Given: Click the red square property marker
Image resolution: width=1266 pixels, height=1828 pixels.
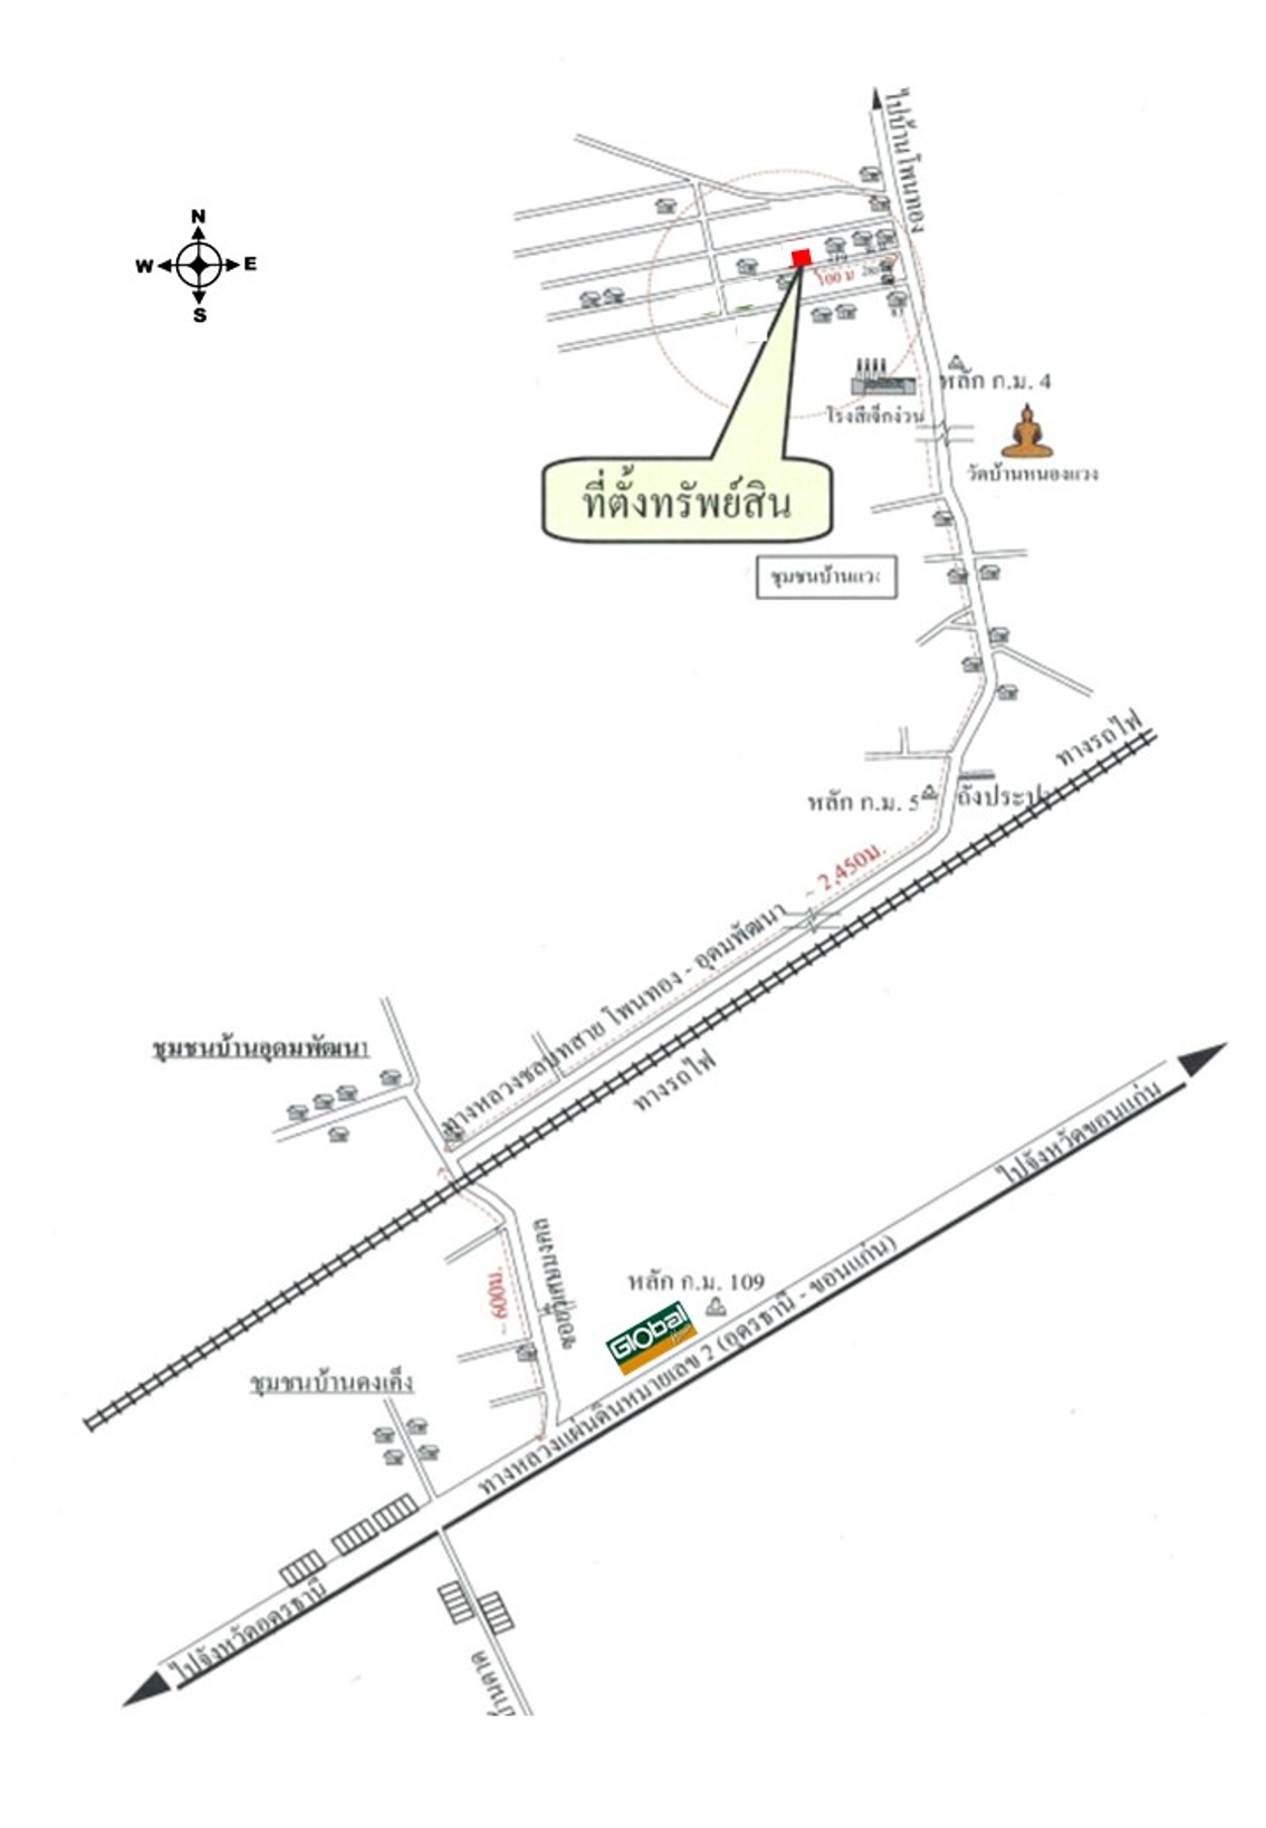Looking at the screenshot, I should click(x=801, y=258).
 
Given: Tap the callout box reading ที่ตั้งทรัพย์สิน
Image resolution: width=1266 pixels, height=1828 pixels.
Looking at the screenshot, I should click(x=686, y=501).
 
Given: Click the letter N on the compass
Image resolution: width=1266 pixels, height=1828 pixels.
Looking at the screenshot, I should click(x=199, y=217).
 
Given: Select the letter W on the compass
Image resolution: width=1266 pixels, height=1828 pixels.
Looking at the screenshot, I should click(x=144, y=265).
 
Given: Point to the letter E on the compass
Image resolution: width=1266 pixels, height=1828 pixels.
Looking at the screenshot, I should click(x=250, y=264).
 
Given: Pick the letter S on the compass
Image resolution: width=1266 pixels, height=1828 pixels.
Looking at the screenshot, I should click(x=200, y=315).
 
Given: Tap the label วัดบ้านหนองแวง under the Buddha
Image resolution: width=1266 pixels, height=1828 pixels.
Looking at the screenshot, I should click(x=1033, y=474).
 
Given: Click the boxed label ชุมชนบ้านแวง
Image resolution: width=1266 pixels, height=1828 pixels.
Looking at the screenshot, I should click(x=827, y=577).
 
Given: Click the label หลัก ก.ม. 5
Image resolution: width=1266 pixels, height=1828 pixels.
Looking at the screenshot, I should click(x=863, y=800).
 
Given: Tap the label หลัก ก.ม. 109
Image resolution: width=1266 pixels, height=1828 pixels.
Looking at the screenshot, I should click(x=696, y=1281).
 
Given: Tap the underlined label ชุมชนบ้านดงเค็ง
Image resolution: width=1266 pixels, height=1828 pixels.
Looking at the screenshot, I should click(x=331, y=1381).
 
